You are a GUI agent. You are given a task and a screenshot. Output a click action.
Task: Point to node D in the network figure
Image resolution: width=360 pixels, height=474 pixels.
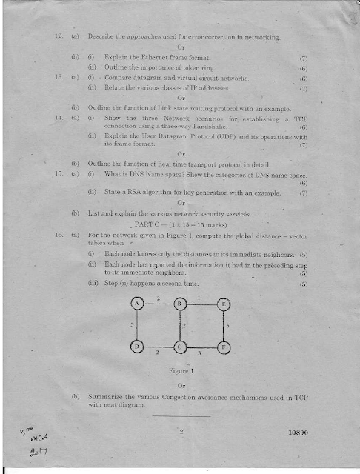[139, 346]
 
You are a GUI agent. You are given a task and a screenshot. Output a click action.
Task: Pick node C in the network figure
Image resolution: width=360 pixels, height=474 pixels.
[179, 346]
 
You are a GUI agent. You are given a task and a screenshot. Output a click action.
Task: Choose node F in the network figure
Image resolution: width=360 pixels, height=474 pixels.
[224, 346]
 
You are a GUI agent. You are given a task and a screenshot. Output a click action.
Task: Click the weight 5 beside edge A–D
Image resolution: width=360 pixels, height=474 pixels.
[131, 324]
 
